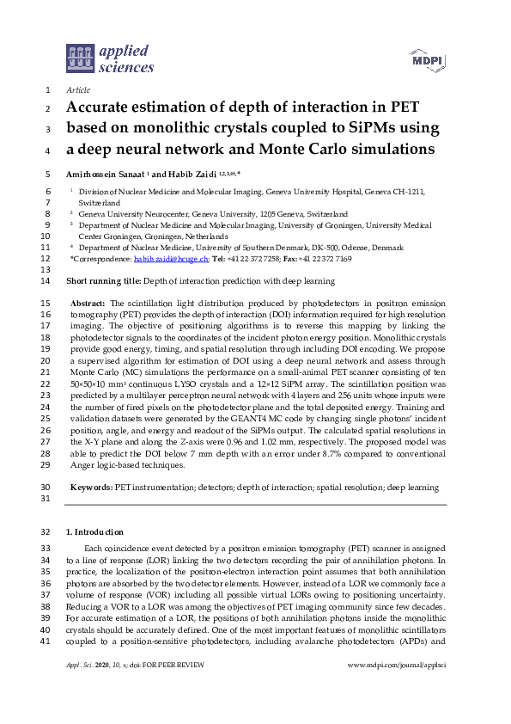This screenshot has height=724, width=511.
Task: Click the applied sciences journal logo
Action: pyautogui.click(x=110, y=58)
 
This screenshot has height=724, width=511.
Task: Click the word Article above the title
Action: pyautogui.click(x=78, y=89)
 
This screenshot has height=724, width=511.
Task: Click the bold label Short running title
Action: pyautogui.click(x=102, y=281)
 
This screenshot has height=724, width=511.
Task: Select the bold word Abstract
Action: pyautogui.click(x=88, y=304)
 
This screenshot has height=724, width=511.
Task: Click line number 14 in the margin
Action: pyautogui.click(x=46, y=281)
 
